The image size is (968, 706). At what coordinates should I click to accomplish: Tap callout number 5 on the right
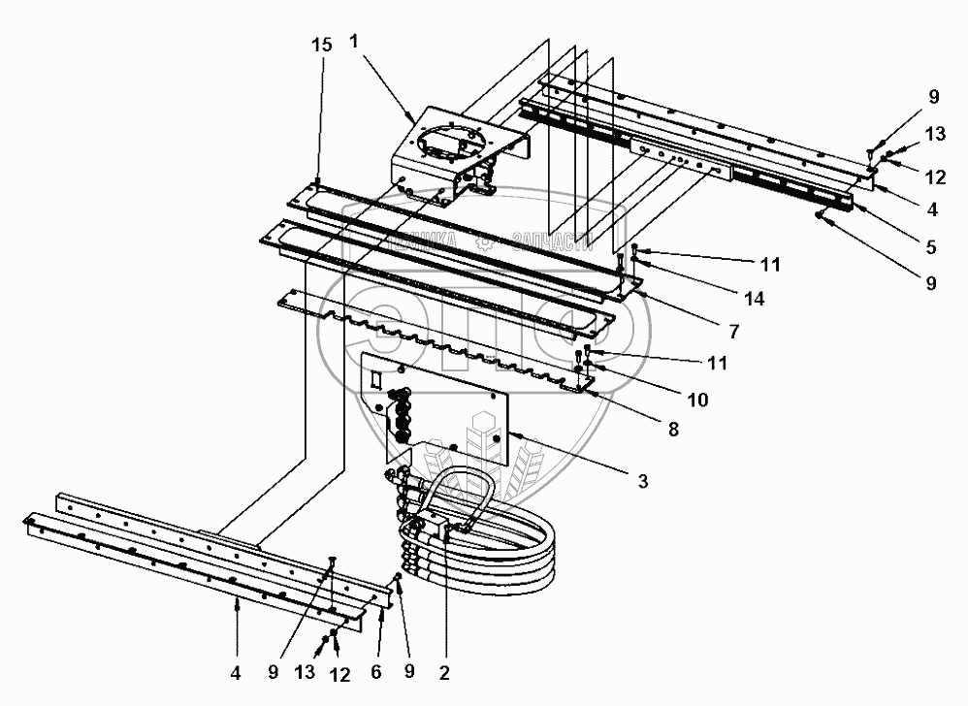[x=930, y=246]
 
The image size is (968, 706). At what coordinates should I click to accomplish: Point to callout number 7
[x=732, y=331]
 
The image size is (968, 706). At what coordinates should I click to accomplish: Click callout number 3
[x=641, y=479]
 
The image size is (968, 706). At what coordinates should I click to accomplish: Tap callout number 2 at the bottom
[x=444, y=670]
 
